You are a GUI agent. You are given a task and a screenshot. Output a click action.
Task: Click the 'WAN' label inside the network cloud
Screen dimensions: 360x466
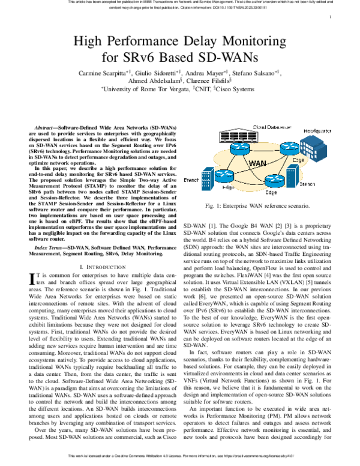tap(257, 163)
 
